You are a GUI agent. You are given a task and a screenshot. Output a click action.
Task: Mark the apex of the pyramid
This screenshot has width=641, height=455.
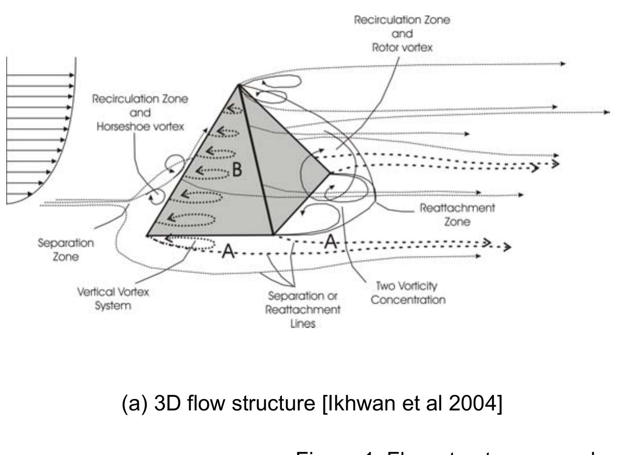239,85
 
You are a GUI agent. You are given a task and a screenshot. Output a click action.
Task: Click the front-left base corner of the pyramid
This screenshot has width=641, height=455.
147,235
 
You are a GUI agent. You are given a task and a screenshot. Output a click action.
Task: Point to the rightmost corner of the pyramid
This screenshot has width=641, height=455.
330,174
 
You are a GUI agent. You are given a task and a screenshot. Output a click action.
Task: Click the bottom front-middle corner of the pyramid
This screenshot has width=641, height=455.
273,235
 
